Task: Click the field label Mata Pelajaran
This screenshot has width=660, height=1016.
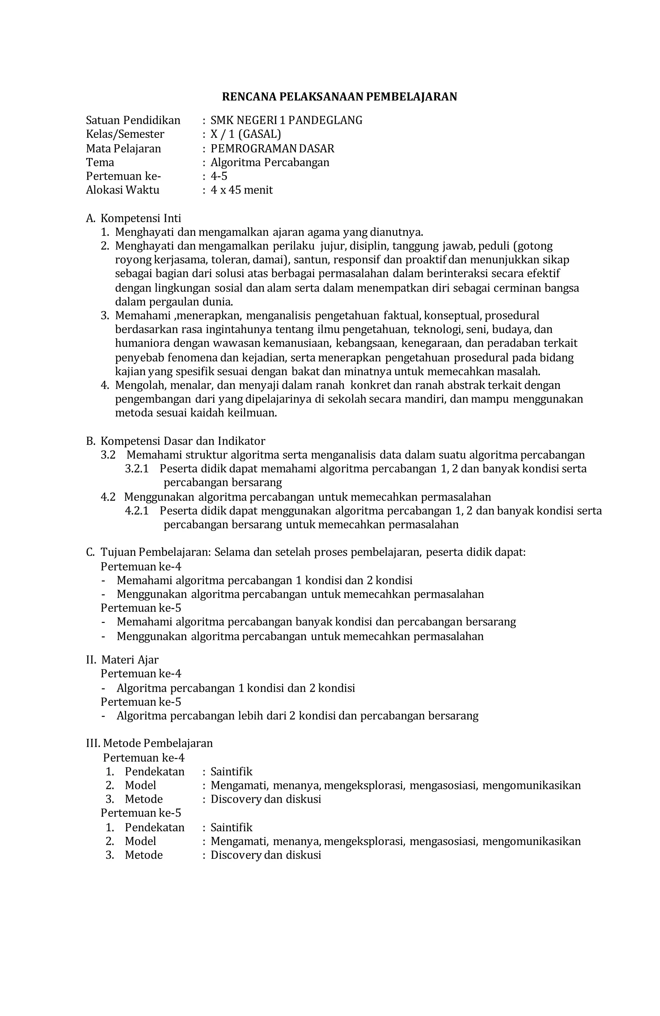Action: tap(123, 149)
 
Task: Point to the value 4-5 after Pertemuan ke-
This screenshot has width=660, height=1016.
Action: tap(219, 176)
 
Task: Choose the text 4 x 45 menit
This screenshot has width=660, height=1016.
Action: tap(241, 190)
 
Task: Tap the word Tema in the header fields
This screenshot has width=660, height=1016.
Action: tap(100, 162)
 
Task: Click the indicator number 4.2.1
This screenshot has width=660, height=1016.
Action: tap(137, 511)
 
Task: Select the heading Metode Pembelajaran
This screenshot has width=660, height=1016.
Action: tap(158, 743)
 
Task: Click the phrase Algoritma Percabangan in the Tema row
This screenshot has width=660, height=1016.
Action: tap(270, 162)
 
